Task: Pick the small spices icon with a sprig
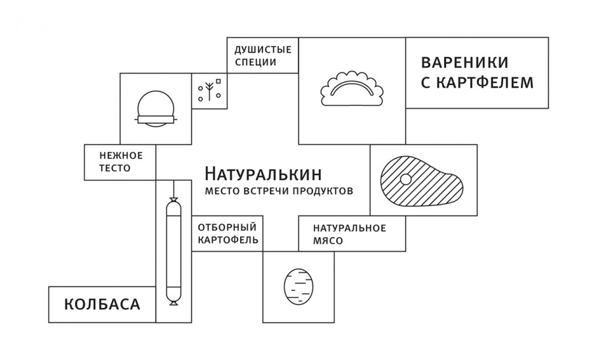(210, 91)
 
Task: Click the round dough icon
(156, 109)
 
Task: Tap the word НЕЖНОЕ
(121, 155)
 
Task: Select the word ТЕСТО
(115, 168)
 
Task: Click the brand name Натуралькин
(262, 174)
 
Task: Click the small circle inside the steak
(406, 179)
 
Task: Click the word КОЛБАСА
(102, 305)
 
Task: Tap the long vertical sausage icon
(174, 250)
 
